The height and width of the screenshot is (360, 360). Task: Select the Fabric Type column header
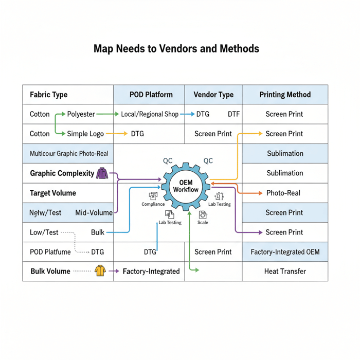48,95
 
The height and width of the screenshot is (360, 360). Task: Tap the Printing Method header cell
284,95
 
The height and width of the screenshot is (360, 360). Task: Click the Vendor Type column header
213,95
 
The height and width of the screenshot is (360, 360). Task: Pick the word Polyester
81,114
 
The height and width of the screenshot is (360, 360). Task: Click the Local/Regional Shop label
150,114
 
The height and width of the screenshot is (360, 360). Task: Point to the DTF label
233,114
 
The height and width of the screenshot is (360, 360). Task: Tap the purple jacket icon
102,173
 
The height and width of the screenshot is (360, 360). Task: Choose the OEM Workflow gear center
186,186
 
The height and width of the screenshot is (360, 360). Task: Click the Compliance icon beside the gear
153,196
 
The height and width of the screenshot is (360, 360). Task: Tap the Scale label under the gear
203,223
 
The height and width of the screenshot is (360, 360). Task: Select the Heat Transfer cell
284,271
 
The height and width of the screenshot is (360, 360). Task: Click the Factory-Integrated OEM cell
284,252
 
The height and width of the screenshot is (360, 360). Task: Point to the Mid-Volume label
94,212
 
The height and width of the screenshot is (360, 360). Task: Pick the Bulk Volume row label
50,271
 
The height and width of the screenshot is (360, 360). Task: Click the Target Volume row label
52,193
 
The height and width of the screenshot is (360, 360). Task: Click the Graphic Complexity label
62,173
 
